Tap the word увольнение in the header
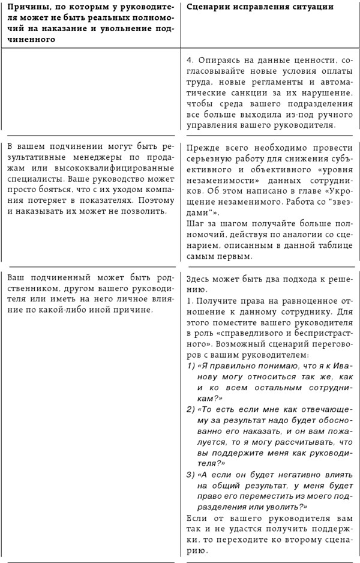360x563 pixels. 128,29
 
